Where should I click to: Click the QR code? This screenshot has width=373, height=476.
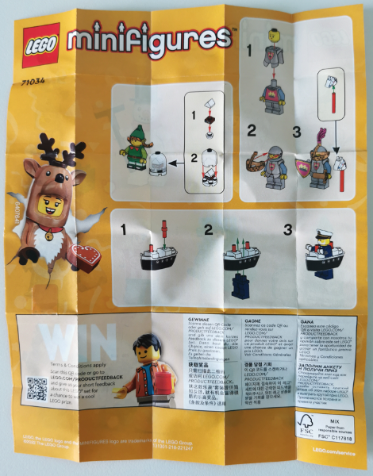coord(37,388)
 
